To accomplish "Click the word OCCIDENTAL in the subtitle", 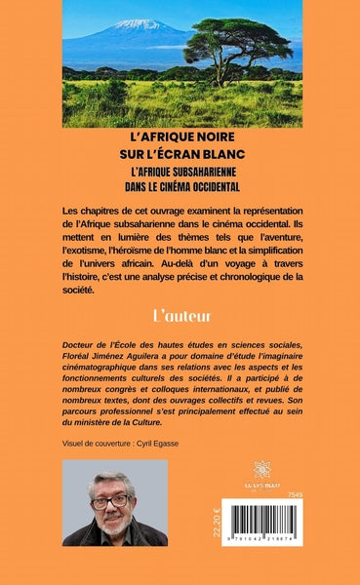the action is [224, 186].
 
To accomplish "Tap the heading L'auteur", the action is [180, 316].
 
